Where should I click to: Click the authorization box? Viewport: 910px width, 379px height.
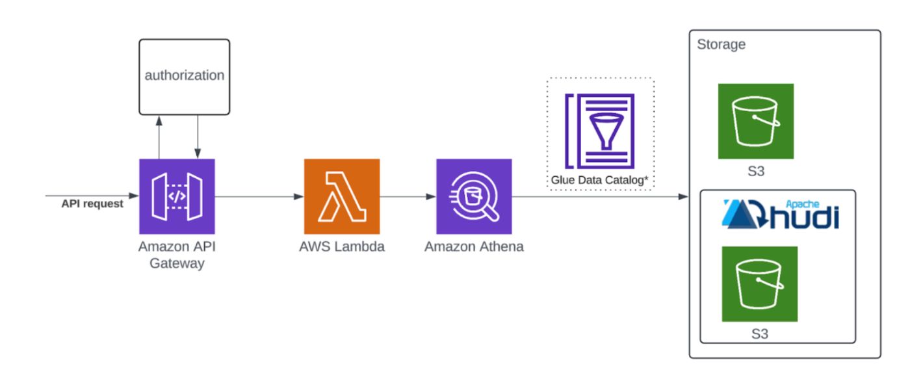click(x=184, y=75)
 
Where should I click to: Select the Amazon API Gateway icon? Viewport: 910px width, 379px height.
click(x=177, y=196)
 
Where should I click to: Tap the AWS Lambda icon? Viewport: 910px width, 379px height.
click(x=341, y=196)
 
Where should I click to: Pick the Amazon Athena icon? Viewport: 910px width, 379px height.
click(x=474, y=196)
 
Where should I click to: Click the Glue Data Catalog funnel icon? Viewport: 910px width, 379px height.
click(x=600, y=131)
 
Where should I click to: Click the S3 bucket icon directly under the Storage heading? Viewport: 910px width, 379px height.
click(x=755, y=121)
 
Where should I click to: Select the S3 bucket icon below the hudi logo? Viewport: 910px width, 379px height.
click(x=759, y=283)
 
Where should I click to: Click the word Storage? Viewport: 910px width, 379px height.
click(x=721, y=45)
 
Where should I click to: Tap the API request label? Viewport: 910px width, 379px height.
click(x=92, y=203)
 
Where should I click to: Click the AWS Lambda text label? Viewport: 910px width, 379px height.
click(x=341, y=247)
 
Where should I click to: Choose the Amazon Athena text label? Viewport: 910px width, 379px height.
click(x=474, y=247)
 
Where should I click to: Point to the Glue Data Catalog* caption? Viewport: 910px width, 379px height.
click(x=600, y=179)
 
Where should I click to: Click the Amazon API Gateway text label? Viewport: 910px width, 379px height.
click(x=177, y=255)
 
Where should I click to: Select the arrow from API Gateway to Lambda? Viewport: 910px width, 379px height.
click(x=259, y=196)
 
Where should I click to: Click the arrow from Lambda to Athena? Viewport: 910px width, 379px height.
click(x=408, y=196)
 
